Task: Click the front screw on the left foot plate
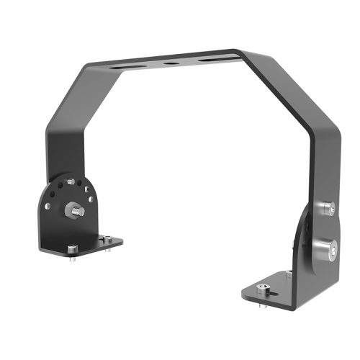coord(71,249)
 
